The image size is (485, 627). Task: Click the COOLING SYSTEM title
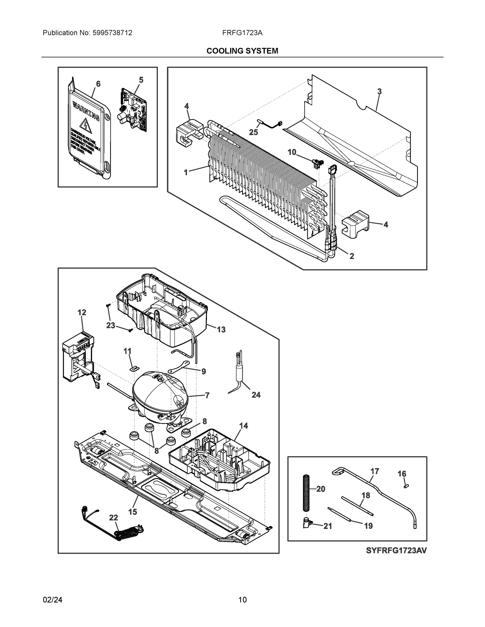[242, 51]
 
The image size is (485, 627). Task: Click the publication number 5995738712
[112, 33]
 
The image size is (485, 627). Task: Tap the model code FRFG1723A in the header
[242, 33]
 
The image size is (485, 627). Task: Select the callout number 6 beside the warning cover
[98, 84]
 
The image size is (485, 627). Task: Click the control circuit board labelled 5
[133, 110]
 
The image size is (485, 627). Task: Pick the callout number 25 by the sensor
[253, 132]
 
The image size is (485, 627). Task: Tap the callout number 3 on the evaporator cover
[379, 92]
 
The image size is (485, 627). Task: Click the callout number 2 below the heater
[352, 256]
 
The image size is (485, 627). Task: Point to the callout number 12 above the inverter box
[82, 312]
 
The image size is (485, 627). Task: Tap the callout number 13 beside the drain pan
[221, 330]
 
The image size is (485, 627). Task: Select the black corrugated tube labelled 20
[307, 493]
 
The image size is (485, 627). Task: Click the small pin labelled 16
[406, 486]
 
